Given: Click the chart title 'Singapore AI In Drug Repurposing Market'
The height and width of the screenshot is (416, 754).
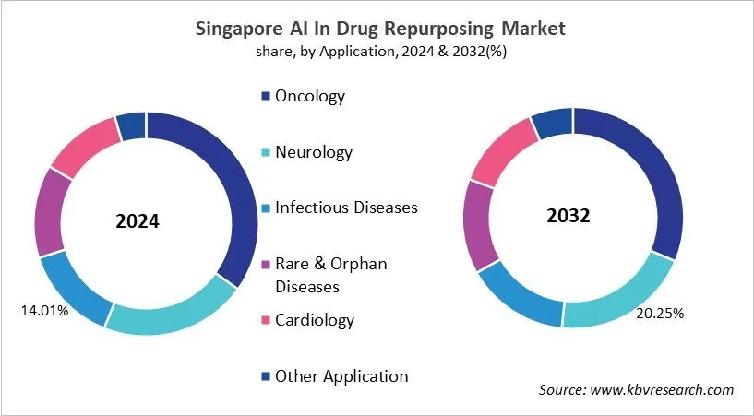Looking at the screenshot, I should coord(380,29).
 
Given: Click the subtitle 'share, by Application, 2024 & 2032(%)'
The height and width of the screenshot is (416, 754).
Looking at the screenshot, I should coord(380,52).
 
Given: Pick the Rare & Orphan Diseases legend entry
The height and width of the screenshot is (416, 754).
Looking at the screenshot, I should coord(330,275).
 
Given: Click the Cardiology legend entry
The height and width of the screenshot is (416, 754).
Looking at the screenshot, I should coord(314,320).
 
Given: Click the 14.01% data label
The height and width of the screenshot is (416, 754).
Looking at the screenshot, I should coord(44,311).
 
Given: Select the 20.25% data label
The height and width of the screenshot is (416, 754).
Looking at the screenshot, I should coord(659,314).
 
